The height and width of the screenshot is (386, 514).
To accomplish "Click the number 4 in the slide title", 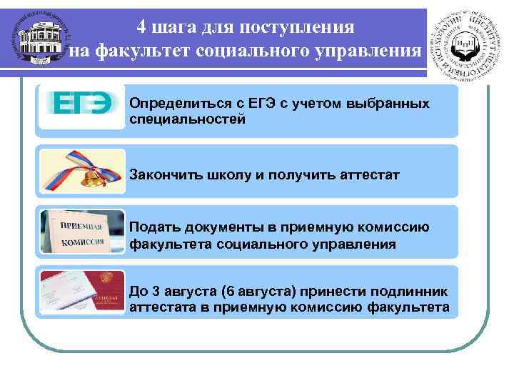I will click(143, 27).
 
